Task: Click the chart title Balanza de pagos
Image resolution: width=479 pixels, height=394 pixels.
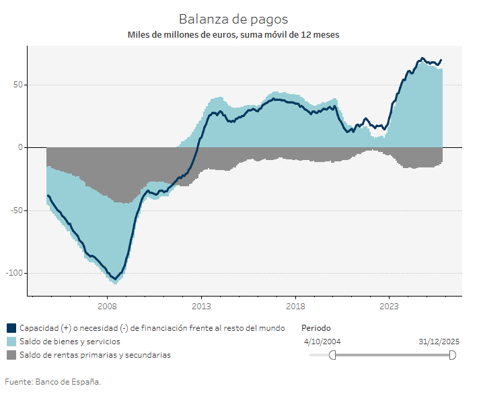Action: (233, 19)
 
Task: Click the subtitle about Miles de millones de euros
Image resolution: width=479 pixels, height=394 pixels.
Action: (233, 34)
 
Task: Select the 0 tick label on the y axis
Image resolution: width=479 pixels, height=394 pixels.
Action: (20, 147)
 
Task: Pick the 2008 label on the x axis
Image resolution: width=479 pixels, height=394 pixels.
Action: (108, 307)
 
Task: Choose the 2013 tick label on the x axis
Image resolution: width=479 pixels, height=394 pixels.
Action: (201, 307)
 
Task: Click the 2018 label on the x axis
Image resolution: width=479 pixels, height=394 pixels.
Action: (295, 307)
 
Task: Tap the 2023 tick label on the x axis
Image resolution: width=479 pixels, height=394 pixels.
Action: (390, 307)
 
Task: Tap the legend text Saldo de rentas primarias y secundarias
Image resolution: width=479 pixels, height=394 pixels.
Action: (95, 354)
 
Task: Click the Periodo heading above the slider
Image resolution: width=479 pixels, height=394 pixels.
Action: (316, 328)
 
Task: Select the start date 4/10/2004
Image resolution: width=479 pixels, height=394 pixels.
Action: (322, 342)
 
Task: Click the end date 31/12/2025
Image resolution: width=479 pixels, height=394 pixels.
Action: (439, 342)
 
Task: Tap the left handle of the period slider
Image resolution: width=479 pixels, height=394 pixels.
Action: (332, 355)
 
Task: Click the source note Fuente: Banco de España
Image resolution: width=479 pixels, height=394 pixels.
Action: (53, 381)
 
